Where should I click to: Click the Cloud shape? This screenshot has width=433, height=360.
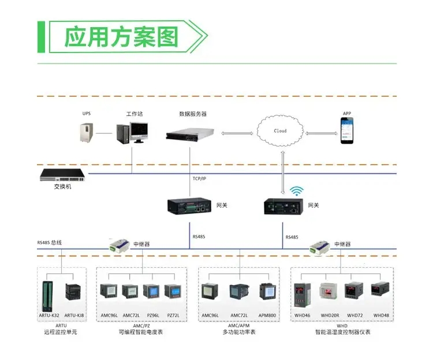(x=280, y=131)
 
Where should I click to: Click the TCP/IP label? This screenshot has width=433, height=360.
(x=199, y=178)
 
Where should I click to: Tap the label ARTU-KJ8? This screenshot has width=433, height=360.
(x=73, y=316)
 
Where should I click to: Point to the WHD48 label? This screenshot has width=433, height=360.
(x=381, y=316)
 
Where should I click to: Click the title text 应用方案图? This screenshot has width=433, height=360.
(x=120, y=37)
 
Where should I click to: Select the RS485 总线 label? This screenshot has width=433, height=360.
(x=50, y=243)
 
